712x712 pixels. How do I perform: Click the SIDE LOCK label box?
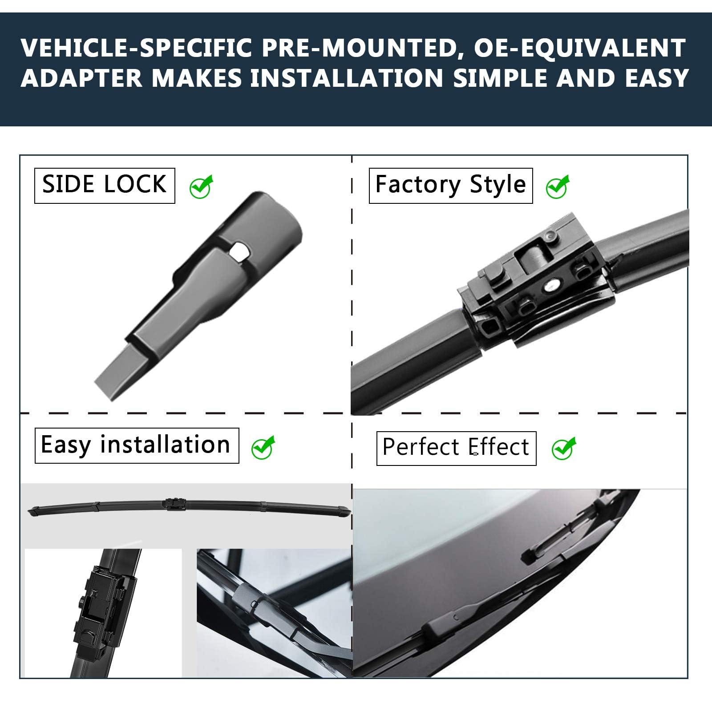(105, 186)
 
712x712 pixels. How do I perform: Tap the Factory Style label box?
(451, 186)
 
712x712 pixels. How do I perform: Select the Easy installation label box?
(137, 445)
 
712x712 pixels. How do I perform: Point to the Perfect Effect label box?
(456, 448)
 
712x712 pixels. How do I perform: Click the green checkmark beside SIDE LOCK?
(201, 186)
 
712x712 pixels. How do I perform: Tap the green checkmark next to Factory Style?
(558, 186)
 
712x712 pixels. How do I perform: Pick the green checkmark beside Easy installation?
(263, 447)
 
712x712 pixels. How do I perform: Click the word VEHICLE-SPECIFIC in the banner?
(137, 48)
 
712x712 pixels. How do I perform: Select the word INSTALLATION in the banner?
(347, 78)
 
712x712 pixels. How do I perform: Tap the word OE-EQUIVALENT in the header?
(579, 48)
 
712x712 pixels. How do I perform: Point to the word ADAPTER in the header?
(81, 78)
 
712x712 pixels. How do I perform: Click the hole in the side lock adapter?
(240, 251)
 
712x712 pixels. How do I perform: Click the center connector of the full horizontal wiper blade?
(175, 505)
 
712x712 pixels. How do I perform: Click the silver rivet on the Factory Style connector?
(553, 283)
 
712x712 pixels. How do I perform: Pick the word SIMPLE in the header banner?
(500, 78)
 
